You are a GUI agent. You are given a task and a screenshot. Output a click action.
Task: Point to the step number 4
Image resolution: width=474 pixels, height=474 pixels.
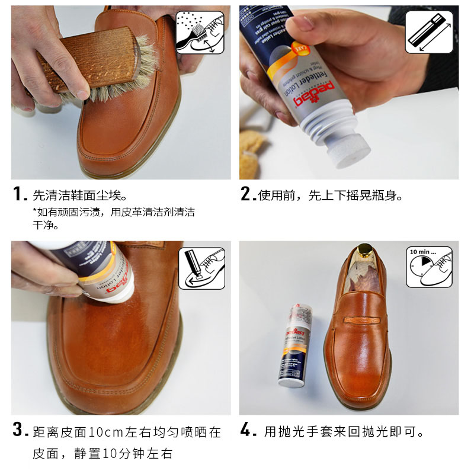[247, 431]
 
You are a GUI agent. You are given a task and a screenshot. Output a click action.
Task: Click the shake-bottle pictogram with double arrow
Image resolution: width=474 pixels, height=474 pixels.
[428, 33]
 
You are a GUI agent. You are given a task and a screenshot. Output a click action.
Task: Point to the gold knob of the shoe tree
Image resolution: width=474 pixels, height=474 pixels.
[361, 253]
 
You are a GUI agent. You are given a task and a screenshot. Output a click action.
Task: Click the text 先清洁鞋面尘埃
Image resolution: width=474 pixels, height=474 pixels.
[80, 195]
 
